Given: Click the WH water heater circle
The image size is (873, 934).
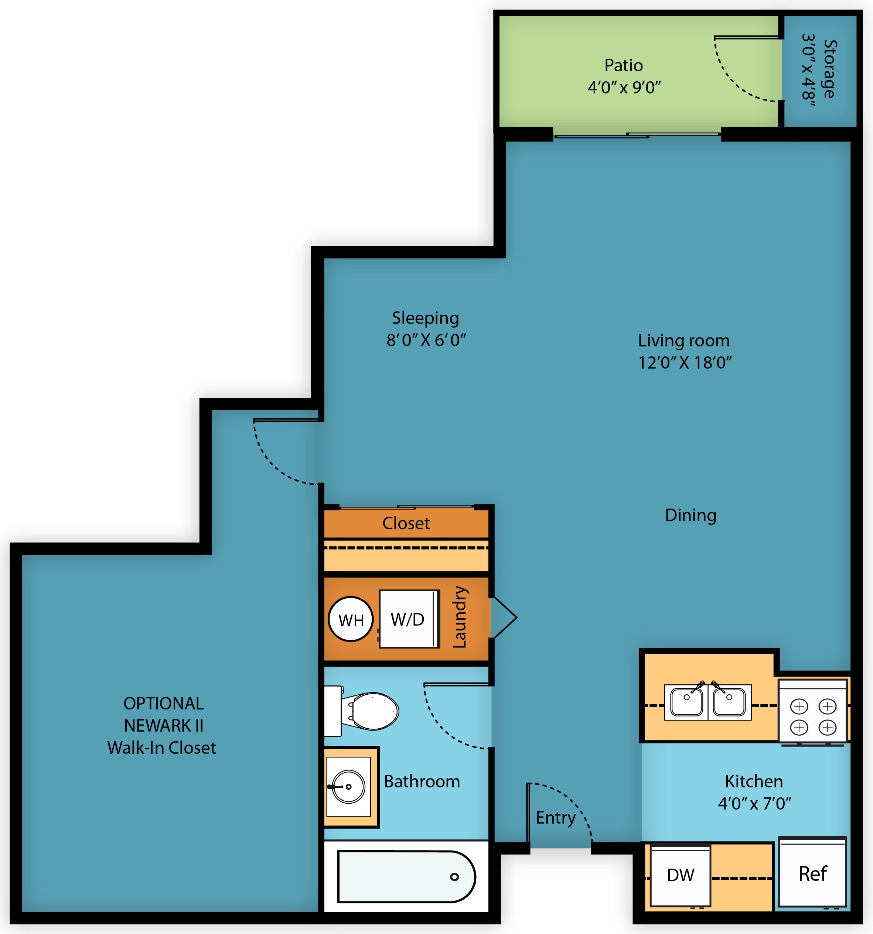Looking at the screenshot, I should [x=351, y=620].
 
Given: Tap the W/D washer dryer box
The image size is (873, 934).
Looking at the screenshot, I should [x=408, y=619].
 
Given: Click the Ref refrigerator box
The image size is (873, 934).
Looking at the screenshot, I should [x=812, y=873].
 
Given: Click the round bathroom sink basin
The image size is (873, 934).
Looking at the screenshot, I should [x=348, y=787].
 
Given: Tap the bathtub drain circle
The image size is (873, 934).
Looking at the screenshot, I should [x=454, y=877].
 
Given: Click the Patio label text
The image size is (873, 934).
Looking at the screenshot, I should [x=624, y=65].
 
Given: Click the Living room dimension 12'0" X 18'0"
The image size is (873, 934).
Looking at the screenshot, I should [x=685, y=363].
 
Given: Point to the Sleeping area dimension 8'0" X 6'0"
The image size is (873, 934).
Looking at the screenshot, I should [x=426, y=340].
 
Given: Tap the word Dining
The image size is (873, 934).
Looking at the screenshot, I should [x=690, y=516].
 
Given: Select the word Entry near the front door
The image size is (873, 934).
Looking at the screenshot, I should [x=555, y=818].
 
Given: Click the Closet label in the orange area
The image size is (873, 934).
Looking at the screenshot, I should [x=406, y=523].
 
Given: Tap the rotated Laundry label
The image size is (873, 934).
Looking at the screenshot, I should [x=459, y=617].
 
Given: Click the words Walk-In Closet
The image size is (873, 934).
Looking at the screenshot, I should [x=161, y=747].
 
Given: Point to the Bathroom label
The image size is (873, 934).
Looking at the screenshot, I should [x=422, y=781].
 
